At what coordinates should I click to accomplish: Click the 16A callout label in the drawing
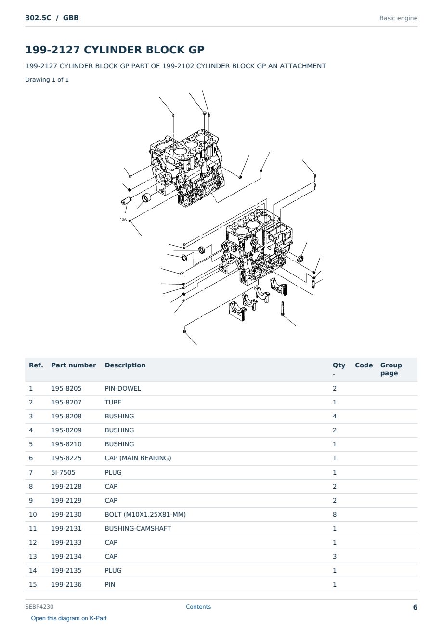(123, 220)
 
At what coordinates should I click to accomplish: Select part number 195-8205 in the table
(66, 388)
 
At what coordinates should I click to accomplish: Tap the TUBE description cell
(113, 402)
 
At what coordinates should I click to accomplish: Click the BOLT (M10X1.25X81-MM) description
(145, 514)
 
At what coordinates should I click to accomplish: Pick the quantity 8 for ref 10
(335, 514)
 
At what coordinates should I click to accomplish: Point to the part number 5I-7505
(63, 472)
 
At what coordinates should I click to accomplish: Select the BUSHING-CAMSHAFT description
(138, 528)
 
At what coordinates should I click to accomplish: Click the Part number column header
(74, 365)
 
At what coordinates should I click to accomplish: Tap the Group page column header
(391, 369)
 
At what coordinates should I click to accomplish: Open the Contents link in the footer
(198, 607)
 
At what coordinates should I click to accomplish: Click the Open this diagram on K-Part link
(69, 618)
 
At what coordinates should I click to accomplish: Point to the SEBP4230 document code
(39, 607)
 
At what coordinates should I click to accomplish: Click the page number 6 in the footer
(415, 607)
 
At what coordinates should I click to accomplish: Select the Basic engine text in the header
(398, 18)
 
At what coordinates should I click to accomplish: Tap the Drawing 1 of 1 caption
(47, 80)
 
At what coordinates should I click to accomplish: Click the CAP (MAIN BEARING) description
(138, 458)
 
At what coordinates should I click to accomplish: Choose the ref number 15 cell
(33, 585)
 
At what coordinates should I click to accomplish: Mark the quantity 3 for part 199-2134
(335, 556)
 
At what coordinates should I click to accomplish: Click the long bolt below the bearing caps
(283, 309)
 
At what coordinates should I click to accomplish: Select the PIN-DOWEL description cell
(123, 388)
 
